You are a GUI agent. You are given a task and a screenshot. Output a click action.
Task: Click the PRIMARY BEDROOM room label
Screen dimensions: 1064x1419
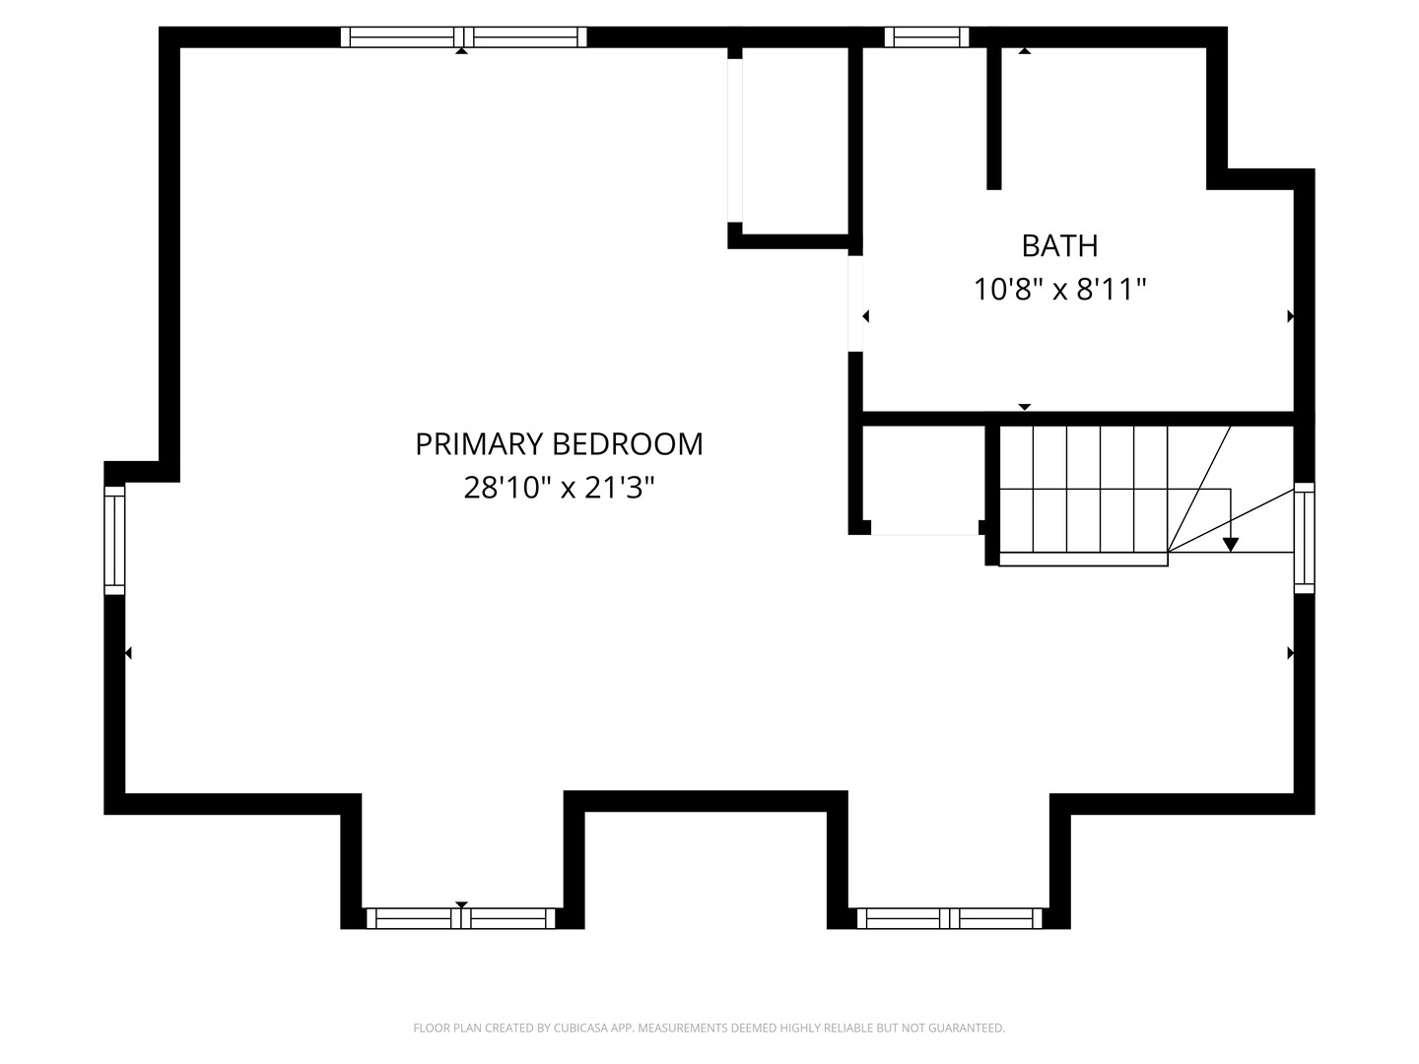(x=559, y=444)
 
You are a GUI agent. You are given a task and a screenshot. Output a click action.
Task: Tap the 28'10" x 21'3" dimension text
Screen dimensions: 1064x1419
(x=559, y=488)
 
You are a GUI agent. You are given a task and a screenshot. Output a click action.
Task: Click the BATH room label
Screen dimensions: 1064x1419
(x=1059, y=245)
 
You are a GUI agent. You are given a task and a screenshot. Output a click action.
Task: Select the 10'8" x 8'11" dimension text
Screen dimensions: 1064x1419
(x=1059, y=290)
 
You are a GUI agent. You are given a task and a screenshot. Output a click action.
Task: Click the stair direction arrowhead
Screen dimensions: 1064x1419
(x=1231, y=544)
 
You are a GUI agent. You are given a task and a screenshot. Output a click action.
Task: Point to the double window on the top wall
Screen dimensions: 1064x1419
(x=463, y=37)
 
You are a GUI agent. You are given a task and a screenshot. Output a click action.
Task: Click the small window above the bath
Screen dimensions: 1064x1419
(x=926, y=37)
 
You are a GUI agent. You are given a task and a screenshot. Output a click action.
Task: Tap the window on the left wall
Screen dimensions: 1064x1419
(x=115, y=540)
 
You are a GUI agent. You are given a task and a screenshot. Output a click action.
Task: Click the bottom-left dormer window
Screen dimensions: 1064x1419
(x=461, y=918)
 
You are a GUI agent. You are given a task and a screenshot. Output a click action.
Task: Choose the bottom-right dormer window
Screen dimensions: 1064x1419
(x=949, y=918)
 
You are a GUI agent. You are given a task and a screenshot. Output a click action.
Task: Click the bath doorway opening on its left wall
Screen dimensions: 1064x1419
(x=855, y=303)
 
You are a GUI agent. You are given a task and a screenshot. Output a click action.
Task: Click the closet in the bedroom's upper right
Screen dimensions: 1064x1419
(x=794, y=143)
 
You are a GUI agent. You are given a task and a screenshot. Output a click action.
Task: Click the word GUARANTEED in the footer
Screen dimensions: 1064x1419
(x=970, y=1029)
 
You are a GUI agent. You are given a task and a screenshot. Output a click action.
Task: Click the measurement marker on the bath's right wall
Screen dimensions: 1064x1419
(x=1290, y=317)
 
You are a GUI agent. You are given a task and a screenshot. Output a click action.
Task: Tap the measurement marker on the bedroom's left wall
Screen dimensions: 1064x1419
(x=128, y=652)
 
